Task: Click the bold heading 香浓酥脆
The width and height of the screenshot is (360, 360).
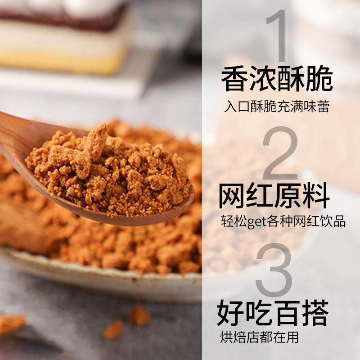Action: [276, 81]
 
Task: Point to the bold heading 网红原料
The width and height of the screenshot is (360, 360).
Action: [274, 197]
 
